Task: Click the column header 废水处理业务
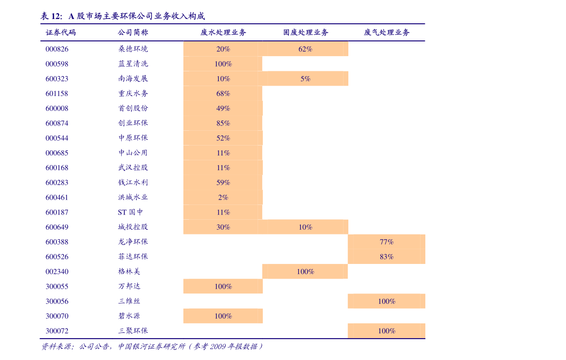click(x=223, y=32)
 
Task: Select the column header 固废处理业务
click(x=306, y=32)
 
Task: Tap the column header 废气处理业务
click(x=386, y=32)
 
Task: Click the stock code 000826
click(x=57, y=49)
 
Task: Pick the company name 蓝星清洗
click(x=133, y=64)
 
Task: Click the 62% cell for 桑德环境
click(x=306, y=49)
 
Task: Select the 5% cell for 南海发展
click(x=306, y=79)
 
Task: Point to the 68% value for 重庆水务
click(x=223, y=94)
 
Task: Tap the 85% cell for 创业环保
click(x=223, y=123)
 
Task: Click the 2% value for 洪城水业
click(x=223, y=197)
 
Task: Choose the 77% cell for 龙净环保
click(x=386, y=242)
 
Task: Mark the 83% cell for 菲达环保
click(x=386, y=257)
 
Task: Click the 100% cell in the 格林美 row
click(x=306, y=272)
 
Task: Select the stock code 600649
click(x=57, y=227)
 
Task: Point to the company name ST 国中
click(x=130, y=212)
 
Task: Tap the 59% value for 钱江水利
click(x=223, y=183)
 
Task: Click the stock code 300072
click(x=57, y=331)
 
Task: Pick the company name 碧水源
click(x=129, y=316)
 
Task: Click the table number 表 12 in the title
click(x=51, y=16)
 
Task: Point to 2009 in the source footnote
click(x=218, y=347)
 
